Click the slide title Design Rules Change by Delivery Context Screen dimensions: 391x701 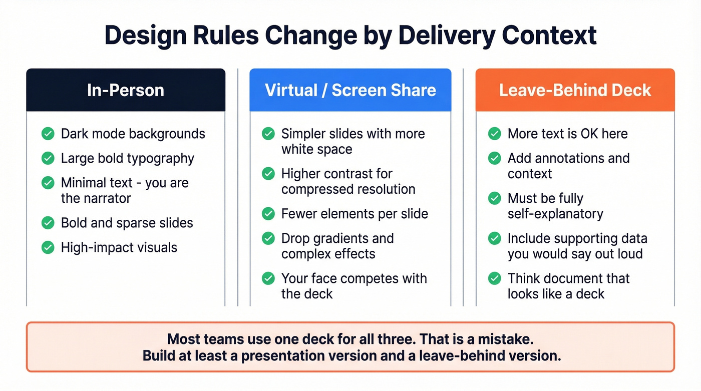350,36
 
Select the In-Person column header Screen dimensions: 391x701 126,90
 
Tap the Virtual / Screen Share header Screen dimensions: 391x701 350,90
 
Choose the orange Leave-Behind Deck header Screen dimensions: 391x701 575,90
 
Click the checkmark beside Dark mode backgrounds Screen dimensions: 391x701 48,134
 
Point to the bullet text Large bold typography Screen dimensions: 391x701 127,158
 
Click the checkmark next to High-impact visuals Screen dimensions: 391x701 48,247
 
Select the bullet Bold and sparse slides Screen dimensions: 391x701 127,223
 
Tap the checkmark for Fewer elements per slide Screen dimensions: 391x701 268,214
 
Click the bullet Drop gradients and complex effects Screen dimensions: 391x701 337,246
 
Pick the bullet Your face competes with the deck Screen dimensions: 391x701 354,286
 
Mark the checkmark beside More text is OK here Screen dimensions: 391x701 495,134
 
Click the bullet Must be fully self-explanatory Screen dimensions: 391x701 555,206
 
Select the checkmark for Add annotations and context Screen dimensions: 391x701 495,158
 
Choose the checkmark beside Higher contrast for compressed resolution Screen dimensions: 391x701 268,174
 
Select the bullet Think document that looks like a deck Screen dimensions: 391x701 568,286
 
